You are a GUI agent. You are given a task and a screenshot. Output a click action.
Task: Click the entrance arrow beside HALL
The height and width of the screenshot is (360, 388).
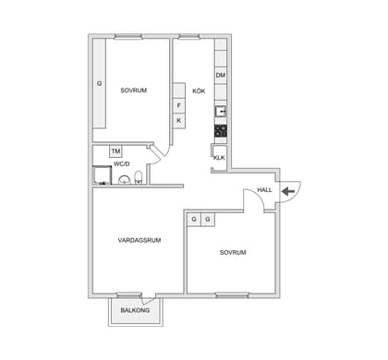point(288,191)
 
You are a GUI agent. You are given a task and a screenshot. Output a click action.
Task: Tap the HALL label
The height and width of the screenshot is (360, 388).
point(265,190)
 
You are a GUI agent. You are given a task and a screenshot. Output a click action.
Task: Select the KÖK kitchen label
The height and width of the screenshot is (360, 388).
point(199,91)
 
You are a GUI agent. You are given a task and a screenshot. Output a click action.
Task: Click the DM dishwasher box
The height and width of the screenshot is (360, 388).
point(221,75)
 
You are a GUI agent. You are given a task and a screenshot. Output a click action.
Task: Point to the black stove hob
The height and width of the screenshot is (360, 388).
point(221,131)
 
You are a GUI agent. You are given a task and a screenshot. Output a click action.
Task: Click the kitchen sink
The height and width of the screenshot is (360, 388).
point(221,111)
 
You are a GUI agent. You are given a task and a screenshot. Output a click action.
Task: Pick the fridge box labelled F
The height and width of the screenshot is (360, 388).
point(179,106)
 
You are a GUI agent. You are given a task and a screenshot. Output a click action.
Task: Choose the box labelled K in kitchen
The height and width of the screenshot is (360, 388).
point(179,121)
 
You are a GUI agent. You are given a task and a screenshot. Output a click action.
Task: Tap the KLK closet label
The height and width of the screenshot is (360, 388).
point(219,158)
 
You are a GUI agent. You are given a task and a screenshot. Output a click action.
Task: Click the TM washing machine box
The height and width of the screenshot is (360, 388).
point(115,151)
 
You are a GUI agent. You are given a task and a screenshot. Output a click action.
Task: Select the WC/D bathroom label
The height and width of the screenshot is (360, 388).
point(122,164)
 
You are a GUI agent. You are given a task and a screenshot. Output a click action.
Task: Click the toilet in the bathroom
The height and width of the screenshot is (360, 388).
point(139,177)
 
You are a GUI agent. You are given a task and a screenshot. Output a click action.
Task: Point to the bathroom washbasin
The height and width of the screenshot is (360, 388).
point(125,180)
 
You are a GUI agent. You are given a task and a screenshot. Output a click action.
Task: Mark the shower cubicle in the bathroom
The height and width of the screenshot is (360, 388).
point(103,175)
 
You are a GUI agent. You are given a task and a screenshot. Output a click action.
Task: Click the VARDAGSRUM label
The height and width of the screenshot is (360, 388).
point(139,240)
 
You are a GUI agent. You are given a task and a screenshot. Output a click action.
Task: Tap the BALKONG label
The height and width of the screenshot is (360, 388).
point(135,310)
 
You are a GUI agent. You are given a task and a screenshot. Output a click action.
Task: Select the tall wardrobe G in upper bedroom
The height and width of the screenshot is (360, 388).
point(100,83)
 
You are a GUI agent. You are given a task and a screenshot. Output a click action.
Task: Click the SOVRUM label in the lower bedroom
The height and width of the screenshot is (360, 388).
point(233,253)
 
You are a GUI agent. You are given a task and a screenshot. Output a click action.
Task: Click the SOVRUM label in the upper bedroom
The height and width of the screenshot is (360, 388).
point(134,90)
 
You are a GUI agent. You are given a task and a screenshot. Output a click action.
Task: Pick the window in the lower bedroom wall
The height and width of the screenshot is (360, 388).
point(232,295)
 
